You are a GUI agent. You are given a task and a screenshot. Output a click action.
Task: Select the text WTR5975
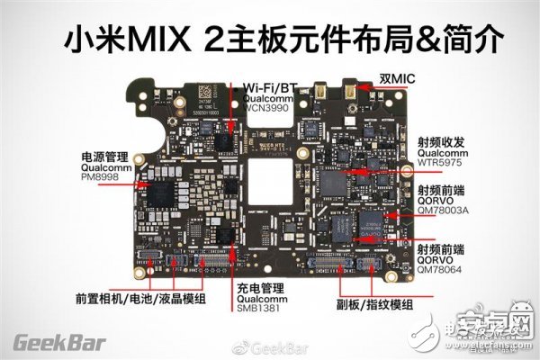[x=439, y=164]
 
